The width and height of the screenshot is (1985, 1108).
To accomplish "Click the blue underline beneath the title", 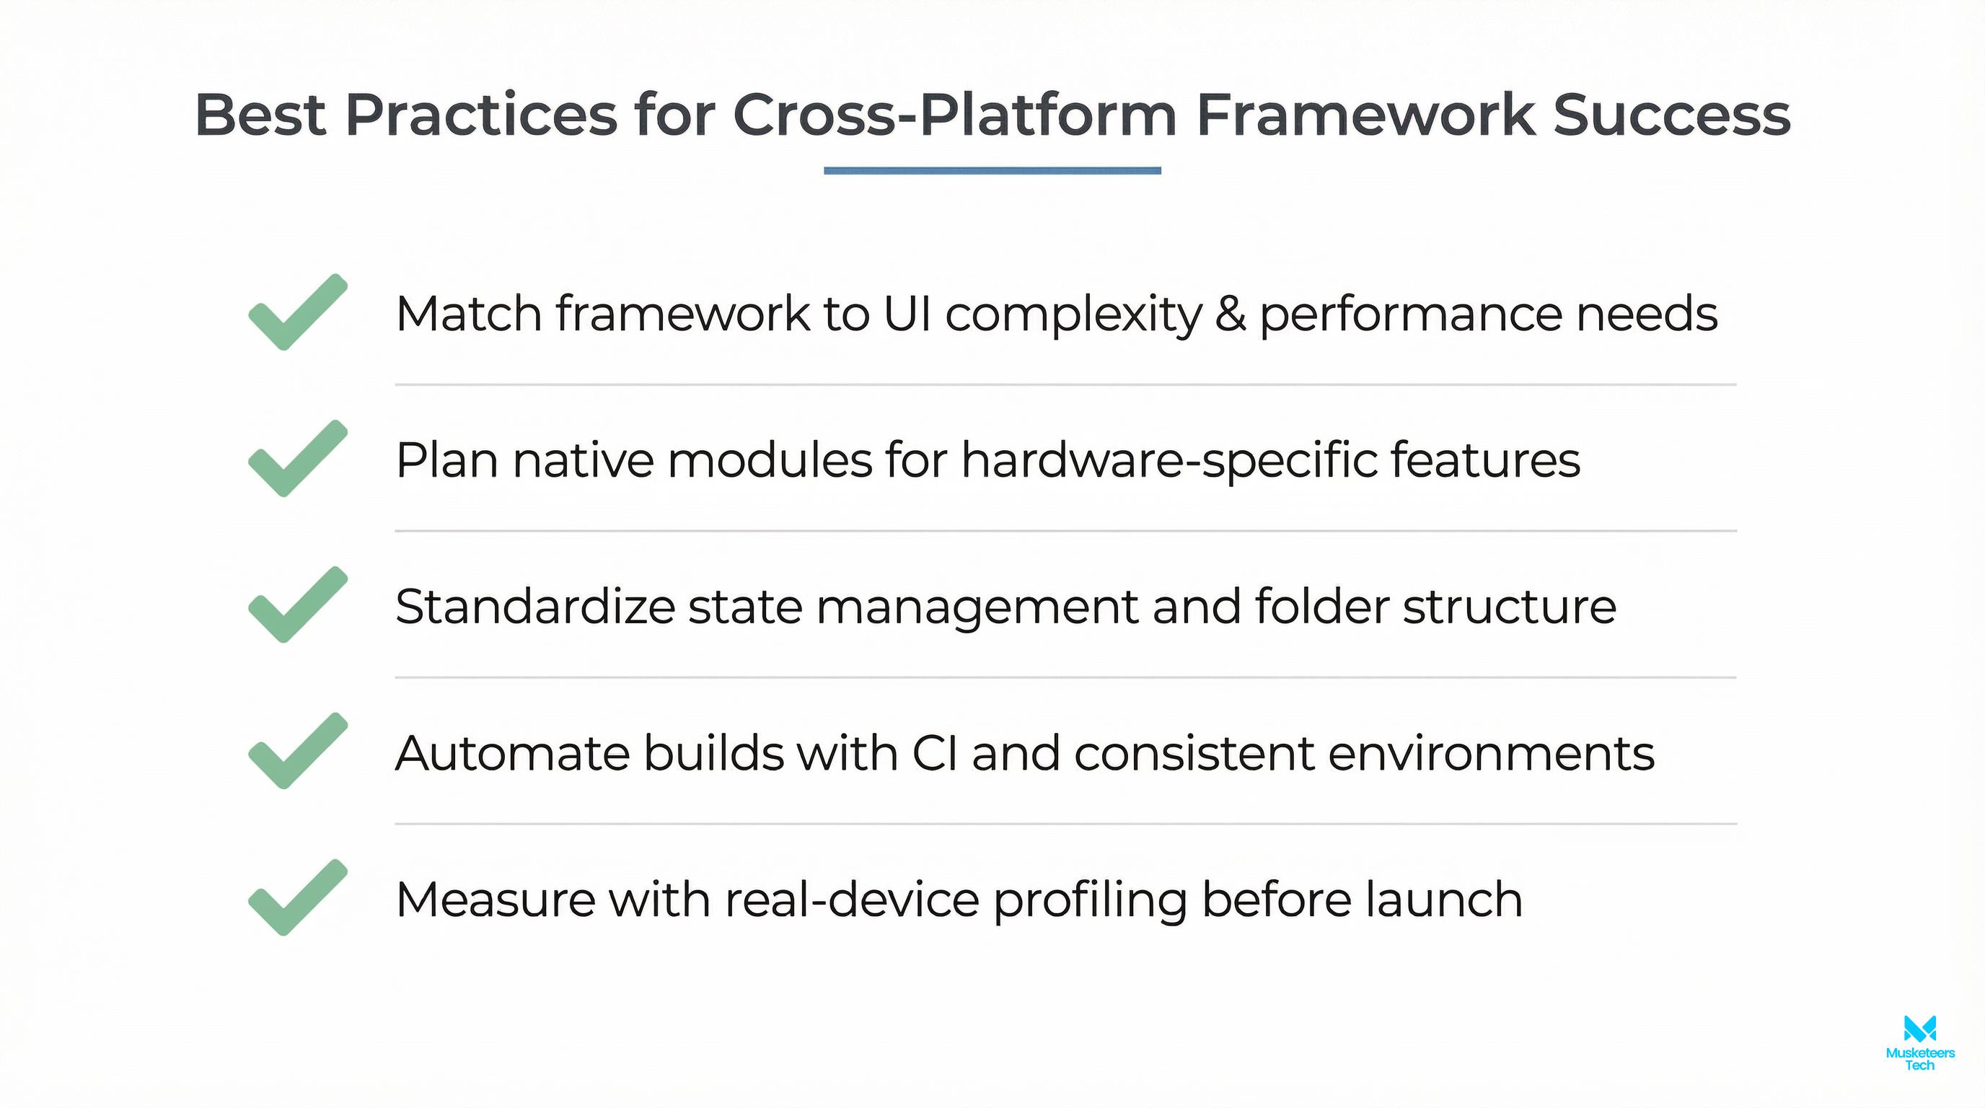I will coord(992,170).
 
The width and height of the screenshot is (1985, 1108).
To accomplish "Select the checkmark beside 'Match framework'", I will coord(296,313).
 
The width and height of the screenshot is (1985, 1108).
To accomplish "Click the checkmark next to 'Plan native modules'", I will coord(296,460).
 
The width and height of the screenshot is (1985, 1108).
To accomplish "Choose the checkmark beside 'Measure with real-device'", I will coord(296,898).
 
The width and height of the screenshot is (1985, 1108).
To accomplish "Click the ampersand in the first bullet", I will coord(1231,314).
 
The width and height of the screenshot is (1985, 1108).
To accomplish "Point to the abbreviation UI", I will coord(907,314).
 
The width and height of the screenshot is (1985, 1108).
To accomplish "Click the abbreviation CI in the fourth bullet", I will coord(935,753).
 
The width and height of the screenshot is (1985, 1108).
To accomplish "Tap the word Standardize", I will coord(534,607).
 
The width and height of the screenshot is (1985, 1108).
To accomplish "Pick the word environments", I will coord(1490,753).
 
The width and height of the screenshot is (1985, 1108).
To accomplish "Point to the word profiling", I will coord(1090,901).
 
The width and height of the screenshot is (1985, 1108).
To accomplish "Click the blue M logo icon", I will coord(1919,1029).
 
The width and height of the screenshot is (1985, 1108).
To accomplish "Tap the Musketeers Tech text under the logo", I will coord(1919,1059).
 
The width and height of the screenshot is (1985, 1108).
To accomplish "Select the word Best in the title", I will coord(260,115).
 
